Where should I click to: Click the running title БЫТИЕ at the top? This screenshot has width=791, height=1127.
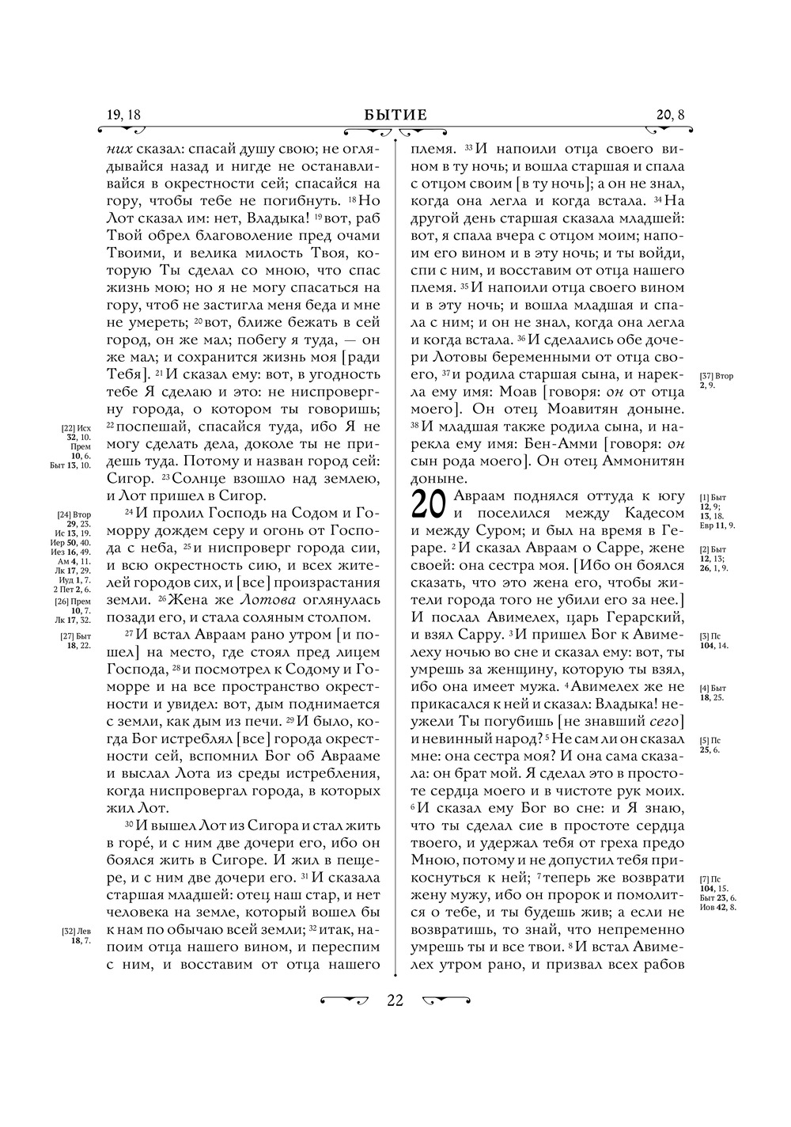pos(395,115)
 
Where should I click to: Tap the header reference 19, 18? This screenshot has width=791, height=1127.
pos(123,115)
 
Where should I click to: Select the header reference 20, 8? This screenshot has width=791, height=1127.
pos(670,115)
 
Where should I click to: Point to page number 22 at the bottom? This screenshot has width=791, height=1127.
pos(395,1000)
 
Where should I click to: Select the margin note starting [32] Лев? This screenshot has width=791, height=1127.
pos(76,936)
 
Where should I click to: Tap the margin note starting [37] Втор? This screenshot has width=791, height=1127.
pos(716,381)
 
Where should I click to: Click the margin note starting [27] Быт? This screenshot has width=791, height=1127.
pos(77,641)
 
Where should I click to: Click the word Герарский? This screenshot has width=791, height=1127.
pos(636,617)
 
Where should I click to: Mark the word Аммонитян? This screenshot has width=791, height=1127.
pos(639,461)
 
